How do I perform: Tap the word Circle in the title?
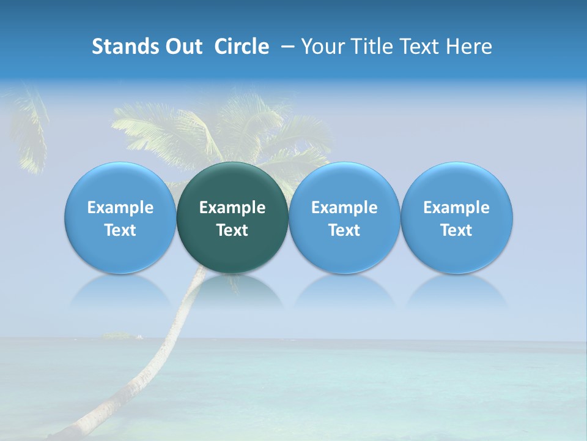(242, 47)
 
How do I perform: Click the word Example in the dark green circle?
(232, 208)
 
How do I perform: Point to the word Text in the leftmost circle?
(120, 230)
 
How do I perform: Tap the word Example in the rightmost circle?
(457, 208)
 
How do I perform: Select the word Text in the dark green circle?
(232, 230)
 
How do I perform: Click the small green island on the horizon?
(117, 336)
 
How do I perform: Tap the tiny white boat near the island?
(140, 336)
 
